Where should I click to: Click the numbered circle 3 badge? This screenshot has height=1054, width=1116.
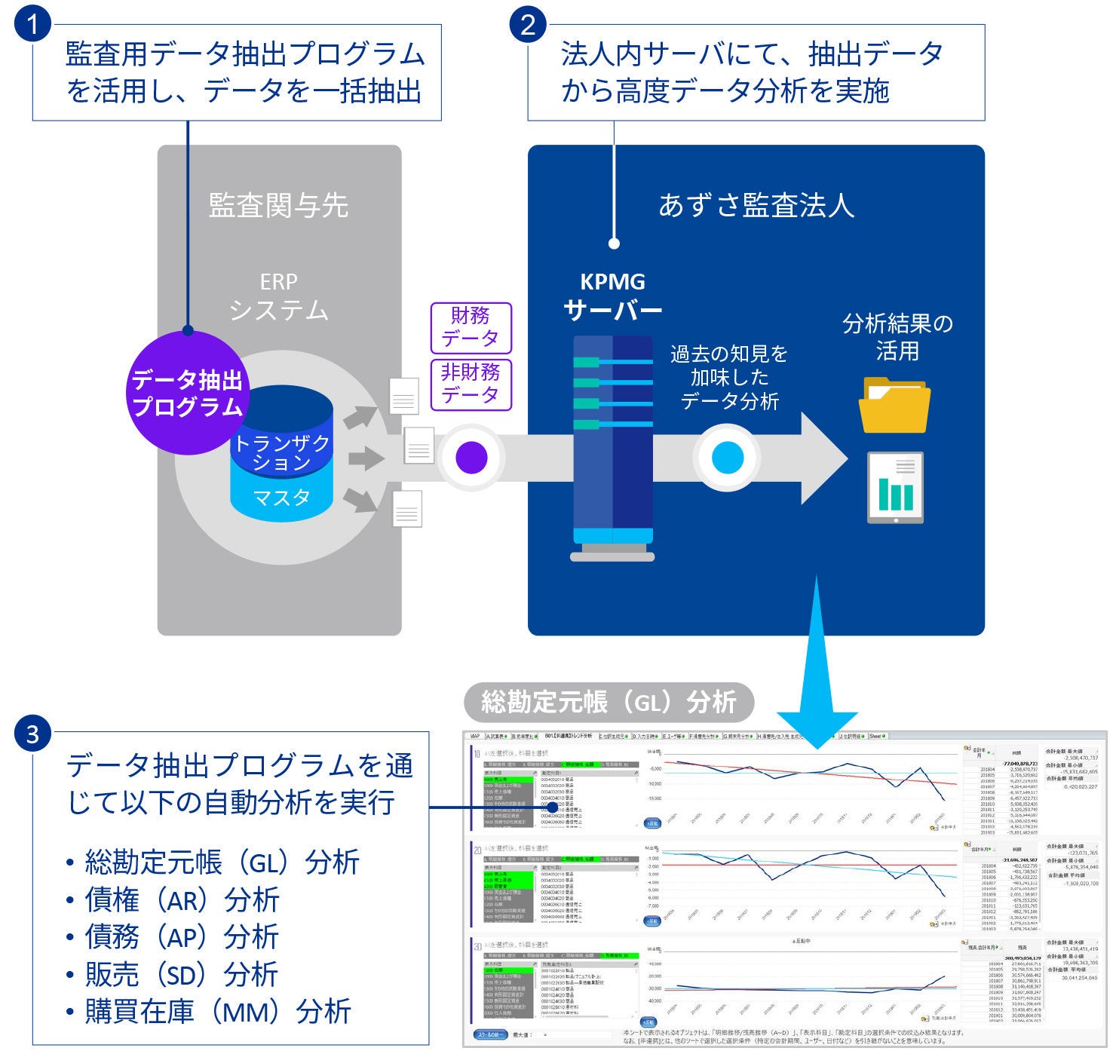pos(32,732)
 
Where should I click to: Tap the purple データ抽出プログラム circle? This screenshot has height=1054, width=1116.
pos(186,392)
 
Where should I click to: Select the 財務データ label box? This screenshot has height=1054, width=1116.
pos(471,327)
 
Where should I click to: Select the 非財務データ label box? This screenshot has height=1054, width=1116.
pos(471,384)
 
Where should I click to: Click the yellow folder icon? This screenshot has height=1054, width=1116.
pos(894,406)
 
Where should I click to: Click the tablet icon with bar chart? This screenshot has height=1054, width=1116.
pos(895,488)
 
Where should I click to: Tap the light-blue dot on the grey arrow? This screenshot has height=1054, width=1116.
pos(728,457)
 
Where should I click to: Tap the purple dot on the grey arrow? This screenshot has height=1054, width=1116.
pos(472,457)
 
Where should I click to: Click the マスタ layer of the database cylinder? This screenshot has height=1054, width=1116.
pos(281,498)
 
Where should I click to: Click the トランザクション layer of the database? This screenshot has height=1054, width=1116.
pos(281,451)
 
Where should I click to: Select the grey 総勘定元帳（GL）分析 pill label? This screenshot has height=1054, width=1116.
pos(608,703)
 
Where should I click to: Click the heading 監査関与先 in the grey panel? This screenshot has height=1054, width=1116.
pos(278,205)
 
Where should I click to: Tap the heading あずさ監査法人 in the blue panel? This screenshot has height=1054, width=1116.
pos(756,205)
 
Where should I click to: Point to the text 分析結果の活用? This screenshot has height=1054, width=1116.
pos(897,337)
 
